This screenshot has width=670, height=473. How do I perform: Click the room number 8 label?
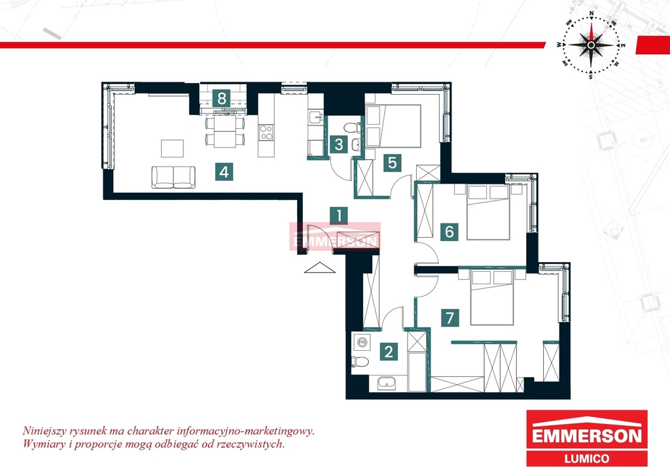221,99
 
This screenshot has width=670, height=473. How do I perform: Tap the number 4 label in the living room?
224,172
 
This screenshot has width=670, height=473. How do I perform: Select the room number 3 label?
339,144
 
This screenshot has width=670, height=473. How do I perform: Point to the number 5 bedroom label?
393,163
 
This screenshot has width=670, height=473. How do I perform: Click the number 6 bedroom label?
449,231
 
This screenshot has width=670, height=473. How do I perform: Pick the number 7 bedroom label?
450,318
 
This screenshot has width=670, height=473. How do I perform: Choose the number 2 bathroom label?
389,352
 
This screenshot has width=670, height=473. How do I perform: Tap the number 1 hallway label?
339,216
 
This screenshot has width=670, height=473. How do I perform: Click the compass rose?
591,45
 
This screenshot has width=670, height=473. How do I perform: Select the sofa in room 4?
173,178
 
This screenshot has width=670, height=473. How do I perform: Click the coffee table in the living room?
172,148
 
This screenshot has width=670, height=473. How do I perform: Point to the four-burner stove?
266,132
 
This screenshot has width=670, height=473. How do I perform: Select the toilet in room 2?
360,362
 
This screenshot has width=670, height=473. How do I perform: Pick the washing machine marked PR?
362,342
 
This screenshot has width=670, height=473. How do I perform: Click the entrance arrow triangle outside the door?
319,267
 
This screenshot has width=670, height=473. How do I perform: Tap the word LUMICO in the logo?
587,459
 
